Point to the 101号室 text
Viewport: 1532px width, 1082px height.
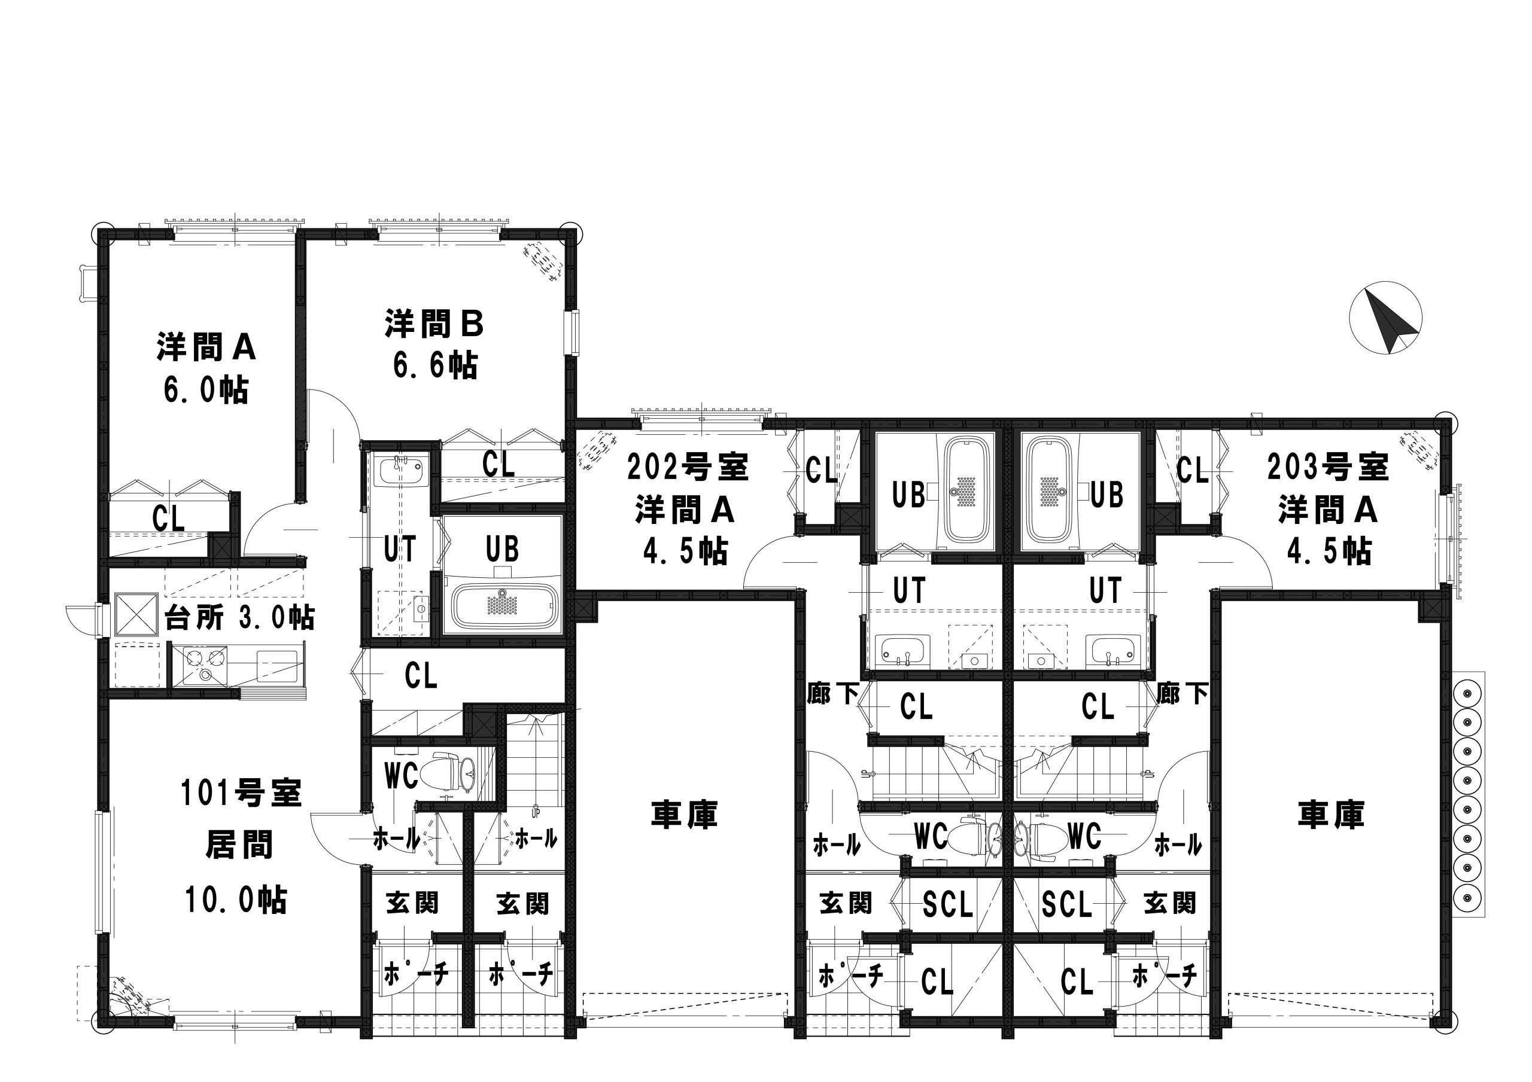(x=242, y=793)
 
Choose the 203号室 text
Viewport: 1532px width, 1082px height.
(x=1328, y=467)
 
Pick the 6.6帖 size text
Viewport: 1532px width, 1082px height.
(x=435, y=365)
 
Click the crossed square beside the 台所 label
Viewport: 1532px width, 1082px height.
(x=136, y=614)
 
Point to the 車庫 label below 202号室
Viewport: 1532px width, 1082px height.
(x=684, y=815)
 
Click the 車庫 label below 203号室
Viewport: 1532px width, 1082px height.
(x=1330, y=815)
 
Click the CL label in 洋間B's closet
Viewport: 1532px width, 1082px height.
(x=499, y=464)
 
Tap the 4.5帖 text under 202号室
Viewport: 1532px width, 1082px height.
(x=685, y=551)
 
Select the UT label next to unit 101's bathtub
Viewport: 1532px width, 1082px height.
(x=400, y=550)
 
